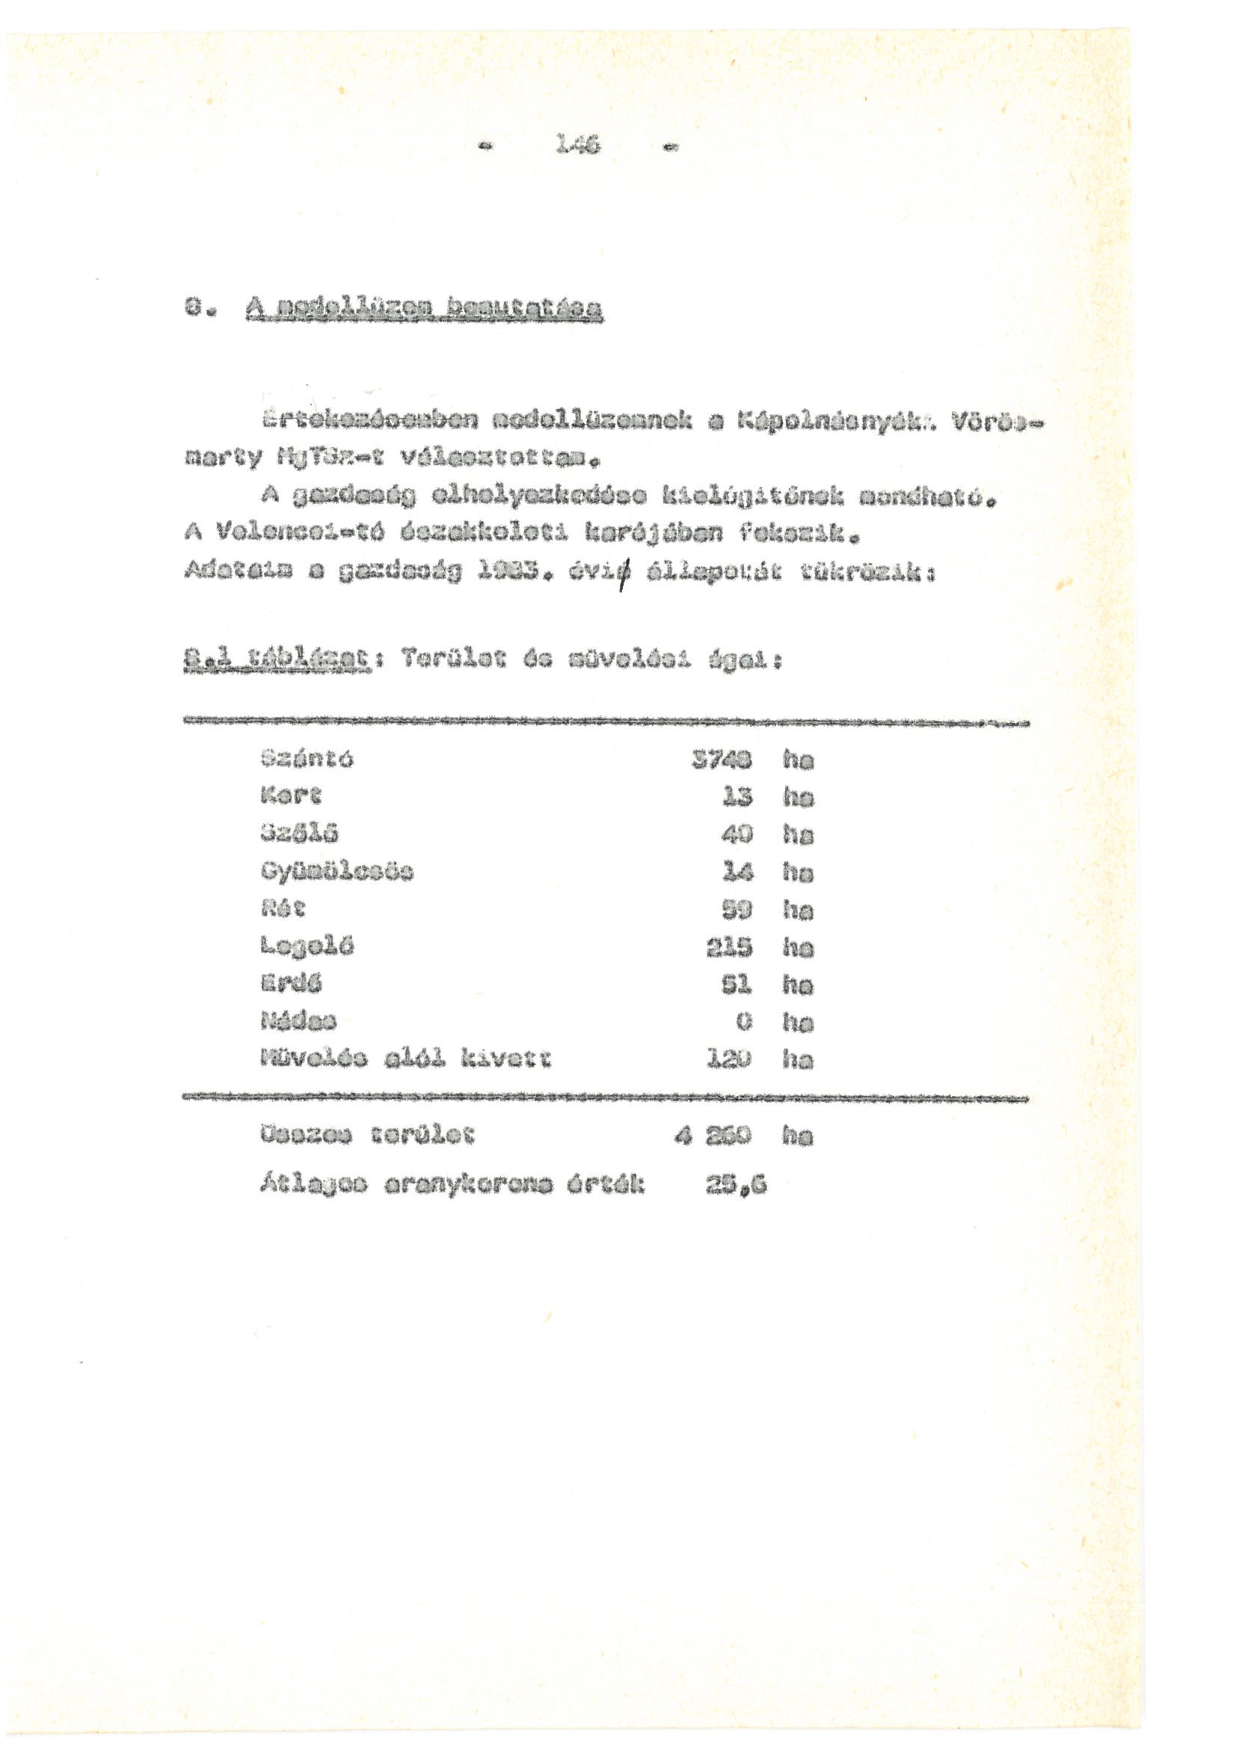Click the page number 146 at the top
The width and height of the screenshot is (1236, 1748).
[x=578, y=142]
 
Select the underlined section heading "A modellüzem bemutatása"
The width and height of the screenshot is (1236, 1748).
[x=424, y=309]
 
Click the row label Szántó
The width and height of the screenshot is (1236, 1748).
[x=306, y=758]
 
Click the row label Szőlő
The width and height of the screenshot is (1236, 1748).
[x=299, y=834]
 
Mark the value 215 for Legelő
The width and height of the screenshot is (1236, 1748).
[x=729, y=947]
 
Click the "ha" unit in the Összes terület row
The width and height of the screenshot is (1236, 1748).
[x=796, y=1136]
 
